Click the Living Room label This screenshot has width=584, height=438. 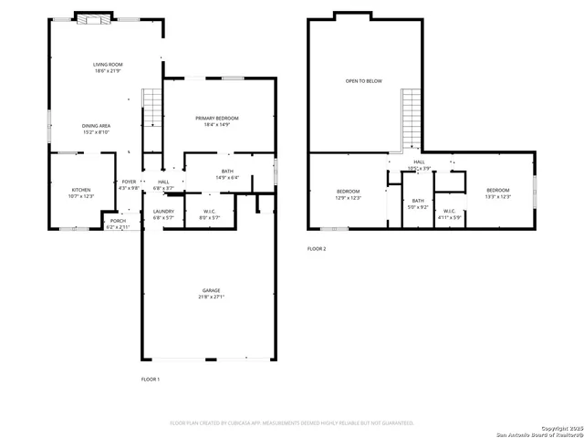(108, 68)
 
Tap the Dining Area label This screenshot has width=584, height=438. (97, 129)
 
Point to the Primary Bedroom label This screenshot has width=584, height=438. (217, 122)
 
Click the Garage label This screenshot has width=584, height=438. (212, 294)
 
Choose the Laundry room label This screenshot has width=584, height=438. (163, 214)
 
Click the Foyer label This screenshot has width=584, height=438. (129, 185)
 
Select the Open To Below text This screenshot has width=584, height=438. (363, 81)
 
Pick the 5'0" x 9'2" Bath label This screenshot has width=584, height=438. (418, 203)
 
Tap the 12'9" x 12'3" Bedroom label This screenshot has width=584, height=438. (349, 193)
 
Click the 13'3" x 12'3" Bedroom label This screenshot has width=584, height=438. (498, 193)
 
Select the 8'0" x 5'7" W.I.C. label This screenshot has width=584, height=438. (209, 214)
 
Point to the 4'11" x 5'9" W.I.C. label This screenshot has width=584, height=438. (451, 214)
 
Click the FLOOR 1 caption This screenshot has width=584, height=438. (150, 379)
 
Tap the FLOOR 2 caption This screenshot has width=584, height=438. (316, 248)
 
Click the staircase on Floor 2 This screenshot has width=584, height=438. (412, 119)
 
